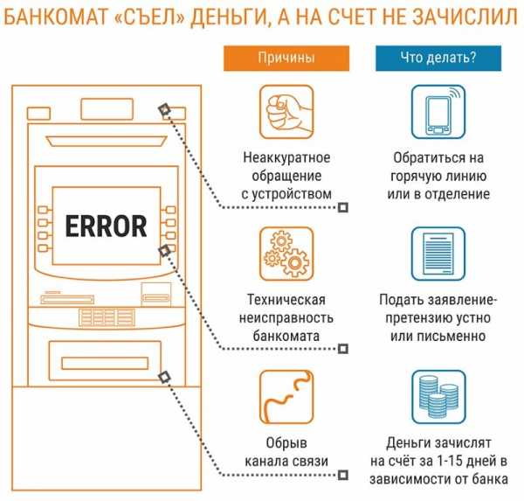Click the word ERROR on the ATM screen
pyautogui.click(x=106, y=226)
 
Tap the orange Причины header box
pyautogui.click(x=286, y=59)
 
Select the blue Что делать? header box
pyautogui.click(x=438, y=59)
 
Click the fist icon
pyautogui.click(x=286, y=112)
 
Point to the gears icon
pyautogui.click(x=286, y=254)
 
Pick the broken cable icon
pyautogui.click(x=286, y=397)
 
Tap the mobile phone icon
pyautogui.click(x=438, y=112)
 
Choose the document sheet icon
pyautogui.click(x=438, y=254)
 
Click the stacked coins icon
pyautogui.click(x=438, y=397)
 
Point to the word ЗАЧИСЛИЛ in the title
pyautogui.click(x=465, y=17)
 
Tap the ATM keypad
pyautogui.click(x=107, y=317)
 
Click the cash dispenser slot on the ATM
pyautogui.click(x=105, y=364)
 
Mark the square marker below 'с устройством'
pyautogui.click(x=343, y=207)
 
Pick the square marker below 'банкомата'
pyautogui.click(x=343, y=349)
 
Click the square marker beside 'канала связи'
pyautogui.click(x=343, y=475)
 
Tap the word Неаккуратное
pyautogui.click(x=286, y=158)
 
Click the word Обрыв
pyautogui.click(x=286, y=443)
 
